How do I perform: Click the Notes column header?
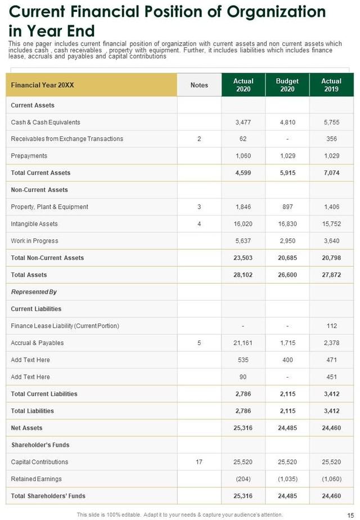199,85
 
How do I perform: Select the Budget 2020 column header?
287,85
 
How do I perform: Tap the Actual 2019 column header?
331,85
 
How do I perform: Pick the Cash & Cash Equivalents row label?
46,122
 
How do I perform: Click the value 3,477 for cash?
243,122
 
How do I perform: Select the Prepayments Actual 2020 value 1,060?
243,156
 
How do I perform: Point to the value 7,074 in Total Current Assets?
331,173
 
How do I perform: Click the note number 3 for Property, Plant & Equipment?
199,207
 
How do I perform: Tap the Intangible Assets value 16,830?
287,224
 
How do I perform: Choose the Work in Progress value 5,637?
243,241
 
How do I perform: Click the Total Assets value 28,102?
243,275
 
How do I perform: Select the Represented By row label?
34,292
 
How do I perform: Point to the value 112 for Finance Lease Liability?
331,326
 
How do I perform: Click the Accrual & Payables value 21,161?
243,343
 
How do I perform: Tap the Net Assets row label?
26,428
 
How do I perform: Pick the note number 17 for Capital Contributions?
199,462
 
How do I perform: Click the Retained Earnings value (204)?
243,479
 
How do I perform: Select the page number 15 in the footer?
350,514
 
